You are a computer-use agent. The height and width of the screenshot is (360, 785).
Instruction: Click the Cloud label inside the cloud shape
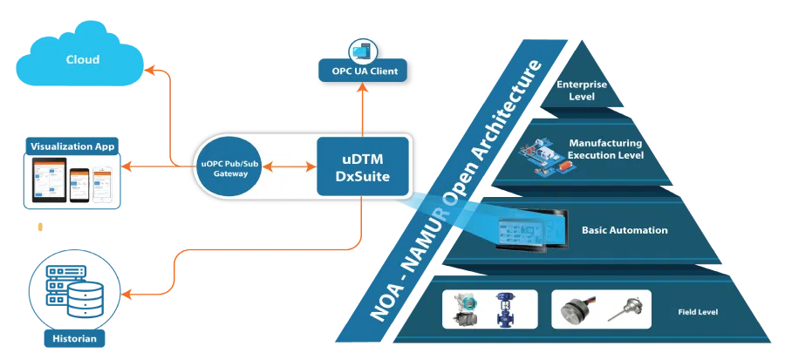[83, 60]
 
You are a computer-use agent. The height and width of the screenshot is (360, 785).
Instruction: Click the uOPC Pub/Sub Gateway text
[229, 168]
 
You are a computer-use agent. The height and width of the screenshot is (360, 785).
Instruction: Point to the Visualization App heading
[72, 146]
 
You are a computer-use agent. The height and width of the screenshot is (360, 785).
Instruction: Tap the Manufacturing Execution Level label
[605, 148]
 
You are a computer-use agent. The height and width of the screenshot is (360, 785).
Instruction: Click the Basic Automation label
[625, 231]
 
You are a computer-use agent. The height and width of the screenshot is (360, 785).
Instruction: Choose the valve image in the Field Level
[503, 309]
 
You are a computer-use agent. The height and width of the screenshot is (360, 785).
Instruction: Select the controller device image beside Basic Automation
[521, 232]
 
